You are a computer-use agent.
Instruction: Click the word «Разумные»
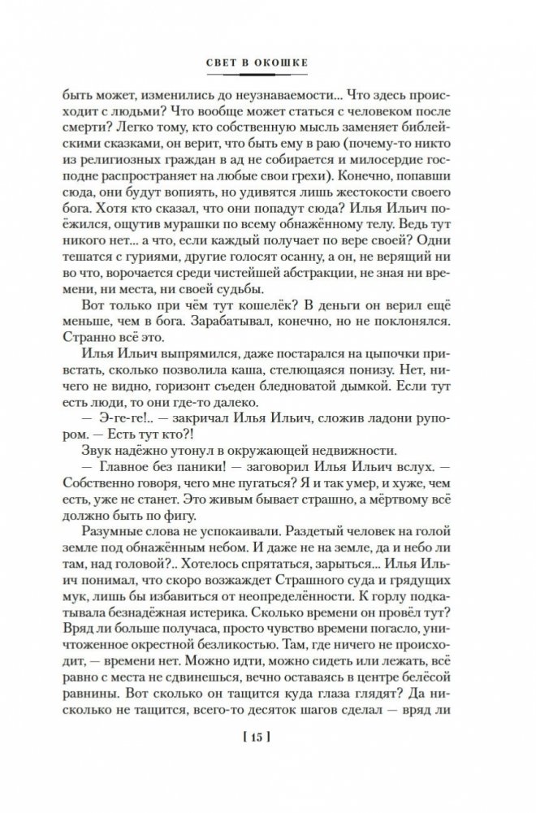coord(113,555)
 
